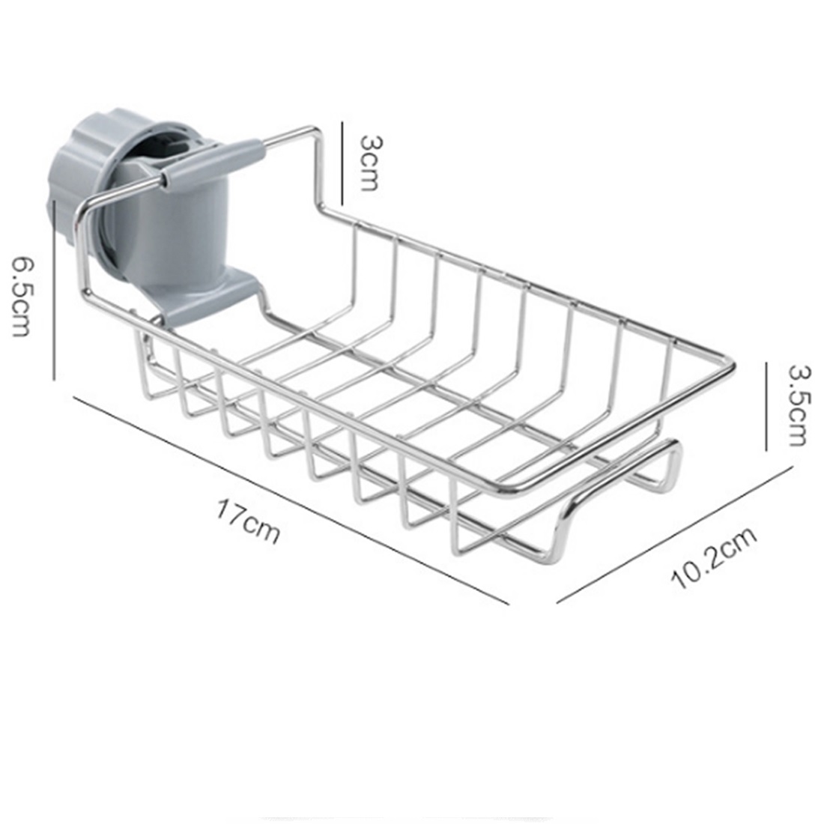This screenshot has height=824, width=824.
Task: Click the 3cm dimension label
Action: click(369, 163)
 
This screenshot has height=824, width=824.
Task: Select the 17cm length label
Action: click(248, 521)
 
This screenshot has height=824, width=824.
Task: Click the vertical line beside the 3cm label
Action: click(342, 163)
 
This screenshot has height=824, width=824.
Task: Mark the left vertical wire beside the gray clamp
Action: click(81, 255)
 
